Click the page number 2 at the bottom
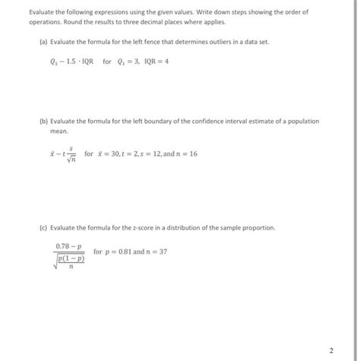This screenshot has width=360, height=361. coord(332,350)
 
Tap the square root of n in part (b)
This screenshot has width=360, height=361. coord(71,158)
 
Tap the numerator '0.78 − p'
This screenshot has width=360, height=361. coord(69,245)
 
